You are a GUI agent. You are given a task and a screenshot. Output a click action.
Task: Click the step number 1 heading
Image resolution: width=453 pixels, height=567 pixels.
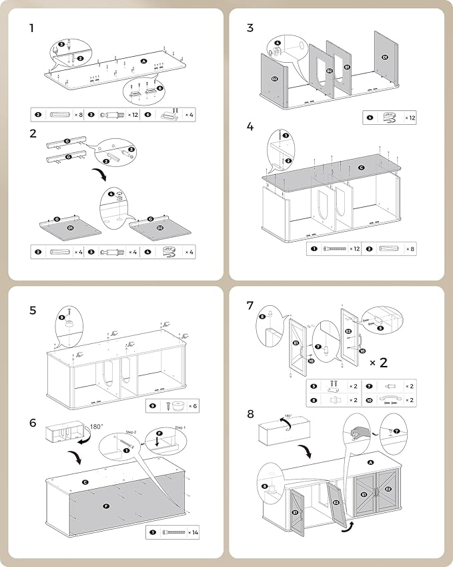32,28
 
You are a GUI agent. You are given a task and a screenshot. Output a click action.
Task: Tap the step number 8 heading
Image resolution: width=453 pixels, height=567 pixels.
250,414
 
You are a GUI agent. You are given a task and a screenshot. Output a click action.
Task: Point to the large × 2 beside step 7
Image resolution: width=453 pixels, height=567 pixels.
378,363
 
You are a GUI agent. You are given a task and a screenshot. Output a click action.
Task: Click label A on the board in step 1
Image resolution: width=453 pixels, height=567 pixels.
143,61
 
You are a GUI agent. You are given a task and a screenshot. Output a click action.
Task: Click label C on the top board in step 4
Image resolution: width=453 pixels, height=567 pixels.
361,168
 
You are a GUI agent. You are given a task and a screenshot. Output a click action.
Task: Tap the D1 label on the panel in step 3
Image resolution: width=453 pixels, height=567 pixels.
385,58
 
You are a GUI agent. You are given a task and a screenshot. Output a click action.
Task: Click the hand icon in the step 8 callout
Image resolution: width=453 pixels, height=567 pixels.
356,432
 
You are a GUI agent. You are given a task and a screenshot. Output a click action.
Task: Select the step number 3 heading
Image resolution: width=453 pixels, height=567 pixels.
250,28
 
